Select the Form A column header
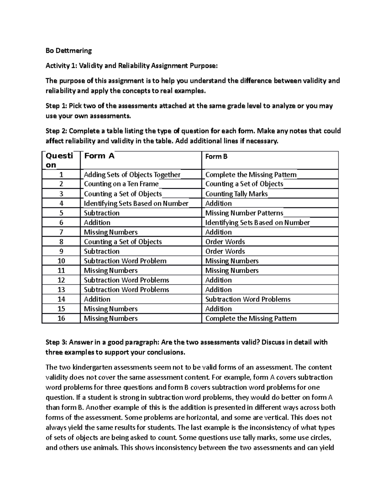(x=99, y=156)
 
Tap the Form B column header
(x=216, y=156)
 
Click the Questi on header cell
(x=59, y=160)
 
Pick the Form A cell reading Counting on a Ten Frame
(x=121, y=184)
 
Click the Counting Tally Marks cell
(x=236, y=194)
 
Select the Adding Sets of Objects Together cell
(x=132, y=175)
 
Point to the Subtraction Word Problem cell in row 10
(x=125, y=261)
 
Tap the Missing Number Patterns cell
(x=244, y=213)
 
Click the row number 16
(x=61, y=318)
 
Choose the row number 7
(x=61, y=232)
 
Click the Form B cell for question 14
(x=248, y=299)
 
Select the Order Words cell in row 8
(x=225, y=242)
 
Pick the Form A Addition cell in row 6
(x=97, y=222)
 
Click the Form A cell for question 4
(x=136, y=203)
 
